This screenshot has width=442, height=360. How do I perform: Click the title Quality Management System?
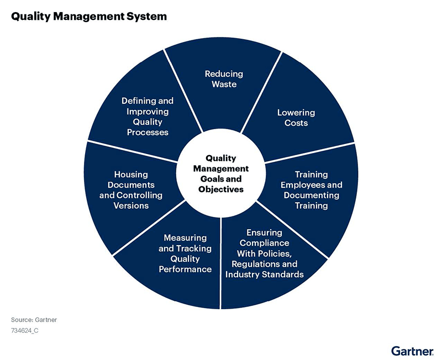[89, 17]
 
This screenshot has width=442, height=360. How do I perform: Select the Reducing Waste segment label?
[224, 79]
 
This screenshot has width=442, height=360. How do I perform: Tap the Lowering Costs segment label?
[296, 118]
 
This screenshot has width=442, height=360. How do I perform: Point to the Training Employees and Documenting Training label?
[311, 190]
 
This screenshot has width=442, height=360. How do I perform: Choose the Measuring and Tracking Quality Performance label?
[185, 253]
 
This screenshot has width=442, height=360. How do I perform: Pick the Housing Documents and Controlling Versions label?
[131, 190]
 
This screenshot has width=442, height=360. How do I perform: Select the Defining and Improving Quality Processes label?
[148, 117]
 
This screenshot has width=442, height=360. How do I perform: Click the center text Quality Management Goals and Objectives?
[220, 173]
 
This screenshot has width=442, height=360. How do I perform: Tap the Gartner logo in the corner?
[412, 351]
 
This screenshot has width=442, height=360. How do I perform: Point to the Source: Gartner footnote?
[34, 320]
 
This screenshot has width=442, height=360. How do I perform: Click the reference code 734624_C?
[24, 330]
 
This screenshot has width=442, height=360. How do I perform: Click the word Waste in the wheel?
[224, 84]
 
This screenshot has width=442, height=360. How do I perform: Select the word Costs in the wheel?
[296, 123]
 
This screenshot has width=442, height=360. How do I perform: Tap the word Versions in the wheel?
[131, 205]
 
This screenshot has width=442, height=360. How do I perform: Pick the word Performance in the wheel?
[185, 269]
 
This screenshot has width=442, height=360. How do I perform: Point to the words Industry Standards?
[265, 274]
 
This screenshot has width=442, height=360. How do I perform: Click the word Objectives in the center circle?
[220, 189]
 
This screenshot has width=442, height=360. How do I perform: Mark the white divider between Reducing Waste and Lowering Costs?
[261, 92]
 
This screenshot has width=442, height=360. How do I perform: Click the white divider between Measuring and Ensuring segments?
[220, 263]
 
